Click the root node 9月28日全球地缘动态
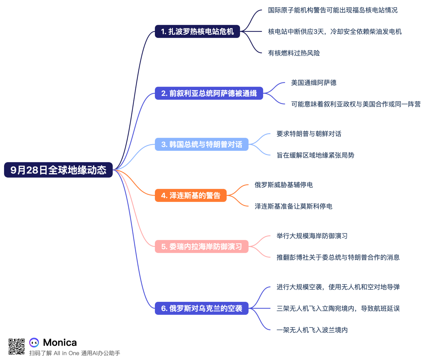(58, 170)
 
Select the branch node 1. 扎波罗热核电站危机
(197, 32)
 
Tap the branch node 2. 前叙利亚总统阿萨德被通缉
(209, 93)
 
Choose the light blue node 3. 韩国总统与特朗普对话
(201, 144)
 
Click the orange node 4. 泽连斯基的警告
(190, 195)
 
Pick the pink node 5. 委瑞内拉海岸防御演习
(201, 246)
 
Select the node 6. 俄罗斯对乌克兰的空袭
(201, 308)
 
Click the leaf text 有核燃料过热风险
(294, 53)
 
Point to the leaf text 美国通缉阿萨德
(314, 83)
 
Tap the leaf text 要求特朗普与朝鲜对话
(309, 134)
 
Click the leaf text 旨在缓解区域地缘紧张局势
(315, 155)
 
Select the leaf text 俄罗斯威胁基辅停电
(284, 185)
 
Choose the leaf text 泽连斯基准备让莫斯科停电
(293, 207)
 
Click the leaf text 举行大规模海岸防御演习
(312, 236)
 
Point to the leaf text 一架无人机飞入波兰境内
(312, 330)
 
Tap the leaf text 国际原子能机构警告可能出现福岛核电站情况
(333, 10)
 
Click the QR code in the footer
(16, 347)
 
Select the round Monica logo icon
(34, 342)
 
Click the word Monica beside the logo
(60, 342)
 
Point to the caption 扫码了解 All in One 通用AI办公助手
(75, 353)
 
